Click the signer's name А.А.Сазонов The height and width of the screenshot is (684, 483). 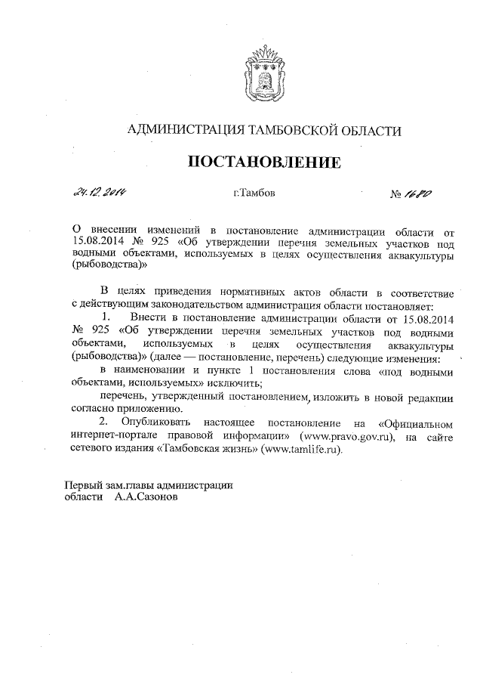pyautogui.click(x=147, y=499)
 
